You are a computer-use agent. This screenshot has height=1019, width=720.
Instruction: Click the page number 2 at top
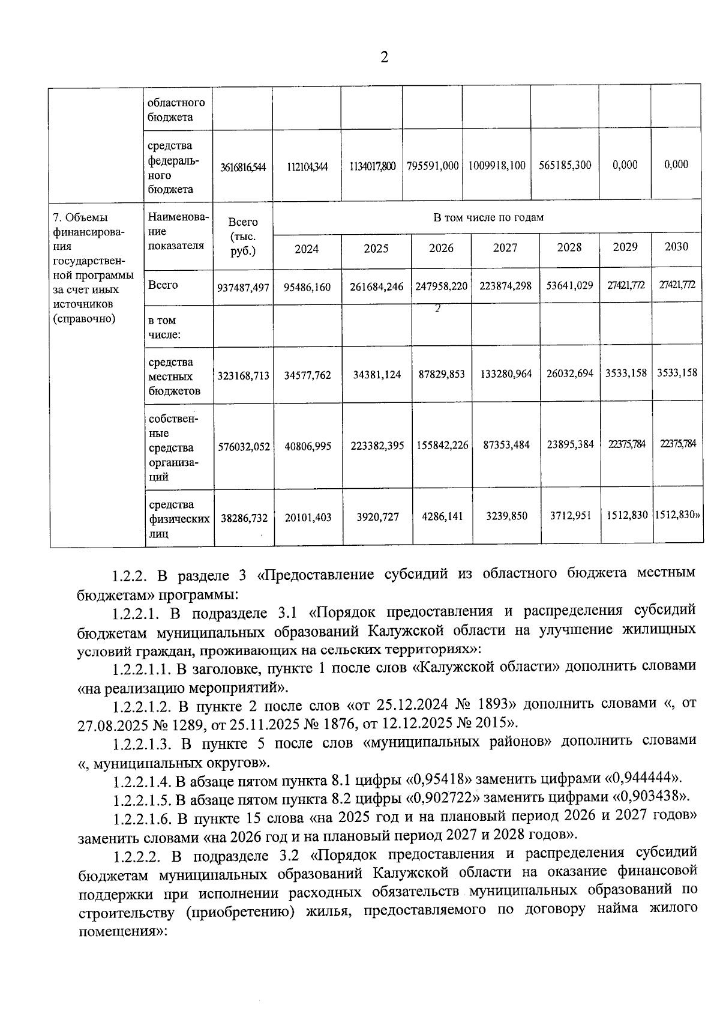point(384,58)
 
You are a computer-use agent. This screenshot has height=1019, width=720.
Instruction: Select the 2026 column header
point(441,249)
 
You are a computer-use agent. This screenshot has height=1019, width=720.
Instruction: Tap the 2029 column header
point(625,247)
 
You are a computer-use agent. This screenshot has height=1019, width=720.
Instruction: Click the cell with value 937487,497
point(243,288)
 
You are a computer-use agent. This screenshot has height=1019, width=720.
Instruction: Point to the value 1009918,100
point(497,165)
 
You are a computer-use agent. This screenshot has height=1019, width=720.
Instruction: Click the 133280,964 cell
point(506,374)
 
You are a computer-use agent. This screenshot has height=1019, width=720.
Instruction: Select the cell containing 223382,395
point(377,446)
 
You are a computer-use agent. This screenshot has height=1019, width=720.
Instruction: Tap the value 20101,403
point(307,517)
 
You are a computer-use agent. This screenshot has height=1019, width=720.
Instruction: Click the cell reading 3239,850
point(506,516)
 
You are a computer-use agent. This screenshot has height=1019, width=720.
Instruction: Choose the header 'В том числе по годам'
point(488,217)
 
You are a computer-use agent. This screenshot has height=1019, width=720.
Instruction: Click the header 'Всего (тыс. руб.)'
point(243,237)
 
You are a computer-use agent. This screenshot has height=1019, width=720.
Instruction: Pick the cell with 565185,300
point(565,165)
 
